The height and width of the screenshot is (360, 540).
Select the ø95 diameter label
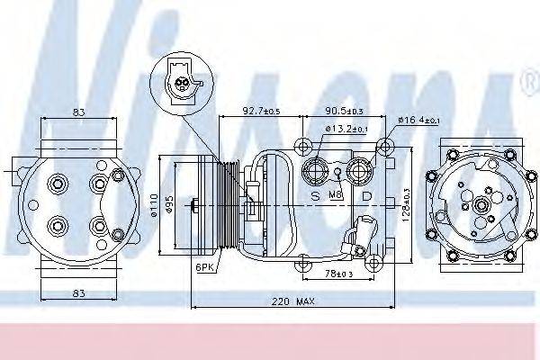coord(170,206)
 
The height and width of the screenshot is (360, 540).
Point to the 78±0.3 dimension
coord(340,273)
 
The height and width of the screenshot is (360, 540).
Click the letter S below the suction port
coord(314,194)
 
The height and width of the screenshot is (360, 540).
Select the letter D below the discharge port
coord(365,194)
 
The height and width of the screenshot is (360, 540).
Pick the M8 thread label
coord(337,195)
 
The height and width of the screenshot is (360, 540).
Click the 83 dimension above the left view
coord(79,112)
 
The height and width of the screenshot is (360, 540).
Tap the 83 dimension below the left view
coord(79,292)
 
